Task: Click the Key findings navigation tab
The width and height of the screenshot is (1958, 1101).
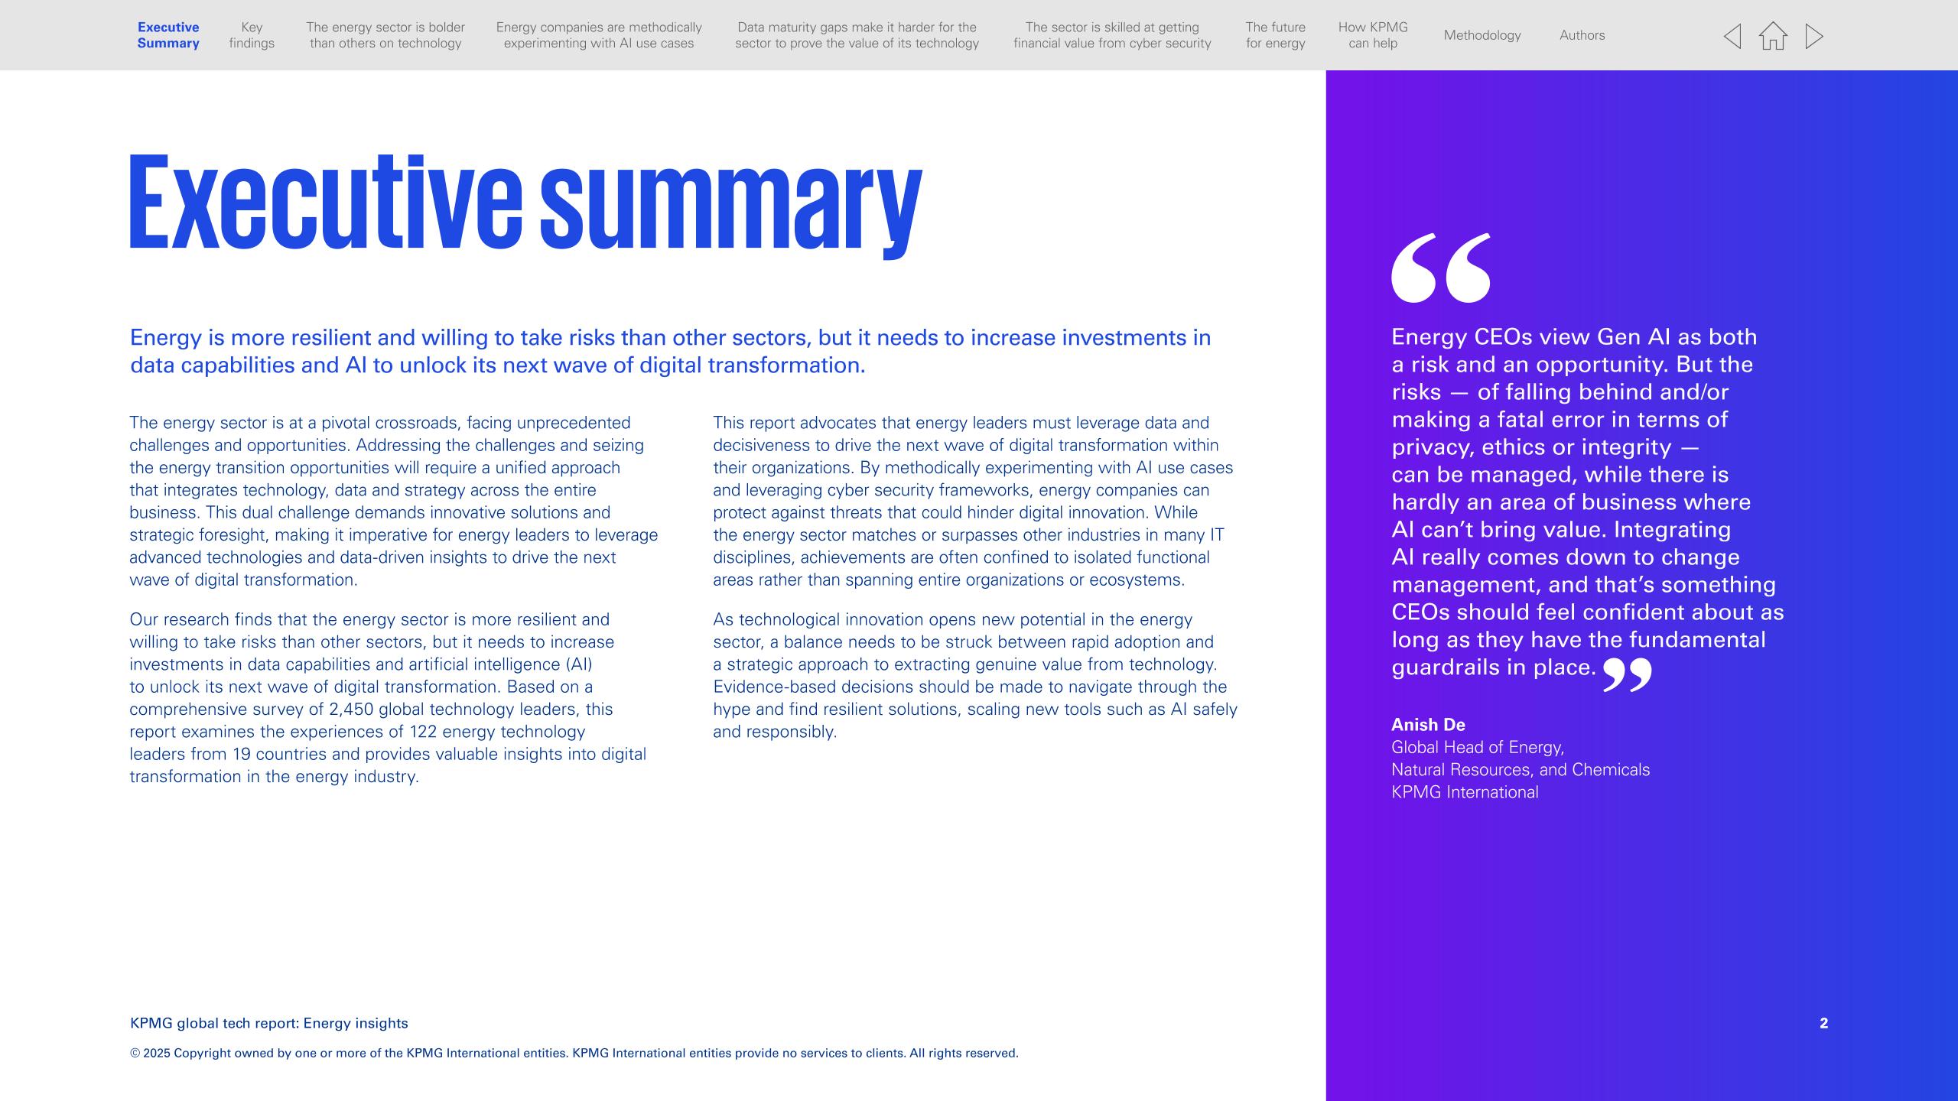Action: tap(252, 35)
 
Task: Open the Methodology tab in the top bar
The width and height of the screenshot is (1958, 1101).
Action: tap(1482, 35)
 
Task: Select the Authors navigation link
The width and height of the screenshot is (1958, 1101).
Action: tap(1582, 35)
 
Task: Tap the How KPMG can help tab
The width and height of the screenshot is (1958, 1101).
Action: tap(1373, 35)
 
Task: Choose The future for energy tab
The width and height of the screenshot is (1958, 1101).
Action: tap(1275, 35)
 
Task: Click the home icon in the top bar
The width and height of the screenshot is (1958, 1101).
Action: tap(1773, 36)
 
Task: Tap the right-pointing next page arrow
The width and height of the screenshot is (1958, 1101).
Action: tap(1813, 36)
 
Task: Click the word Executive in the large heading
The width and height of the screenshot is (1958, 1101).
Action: tap(325, 203)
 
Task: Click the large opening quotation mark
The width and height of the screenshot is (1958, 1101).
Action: tap(1441, 268)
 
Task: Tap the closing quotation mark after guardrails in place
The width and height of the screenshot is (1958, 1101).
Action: tap(1627, 674)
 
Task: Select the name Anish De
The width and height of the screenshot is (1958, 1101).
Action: tap(1428, 725)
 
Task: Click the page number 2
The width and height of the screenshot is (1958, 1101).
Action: tap(1823, 1023)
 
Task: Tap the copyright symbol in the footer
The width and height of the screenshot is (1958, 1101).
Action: tap(135, 1054)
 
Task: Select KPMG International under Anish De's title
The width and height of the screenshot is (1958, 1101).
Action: tap(1465, 792)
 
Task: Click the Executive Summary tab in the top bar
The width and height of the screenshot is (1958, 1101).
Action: tap(168, 35)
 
